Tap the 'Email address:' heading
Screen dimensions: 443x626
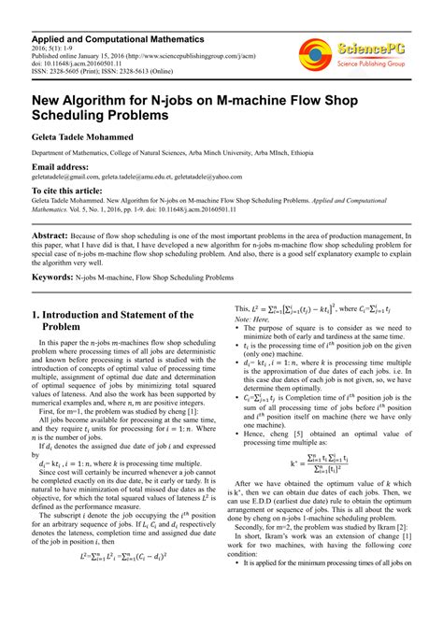[66, 167]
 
